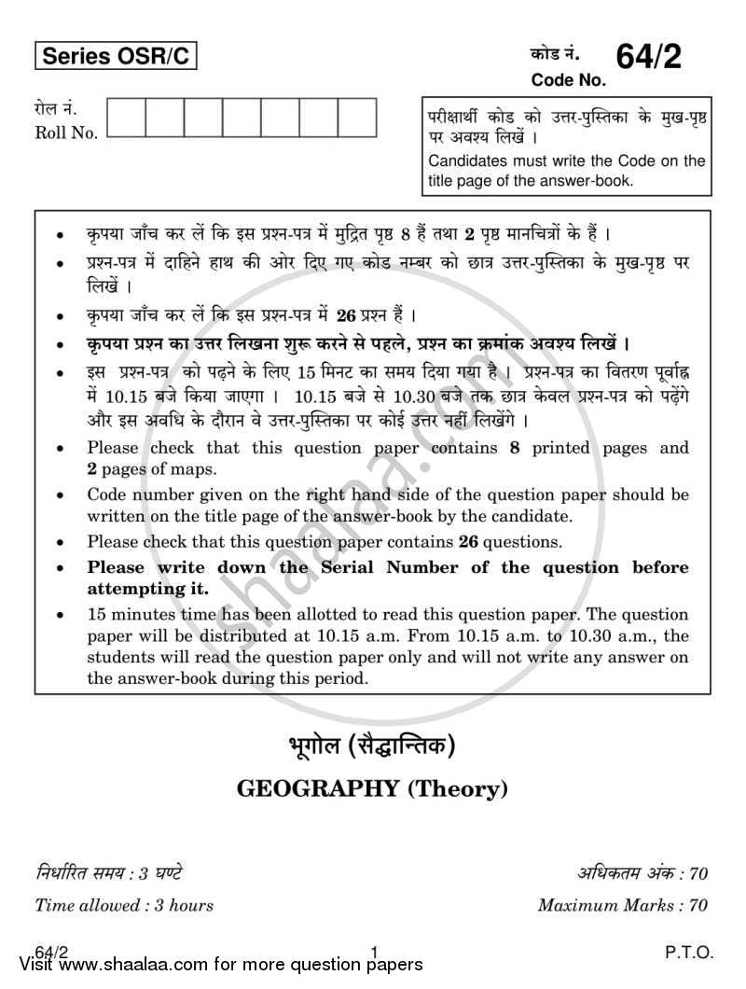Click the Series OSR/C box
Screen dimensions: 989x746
[117, 57]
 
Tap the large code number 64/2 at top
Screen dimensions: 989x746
[648, 57]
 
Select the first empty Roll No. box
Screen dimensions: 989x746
[127, 118]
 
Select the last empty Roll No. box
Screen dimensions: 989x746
[357, 118]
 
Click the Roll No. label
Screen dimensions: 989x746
[66, 133]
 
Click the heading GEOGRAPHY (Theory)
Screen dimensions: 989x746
[373, 789]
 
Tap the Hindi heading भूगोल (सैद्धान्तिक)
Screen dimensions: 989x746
[373, 746]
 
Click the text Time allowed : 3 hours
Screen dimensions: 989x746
[124, 904]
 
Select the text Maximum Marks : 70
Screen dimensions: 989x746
[623, 904]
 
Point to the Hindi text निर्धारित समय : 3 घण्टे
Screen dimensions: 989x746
[108, 873]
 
